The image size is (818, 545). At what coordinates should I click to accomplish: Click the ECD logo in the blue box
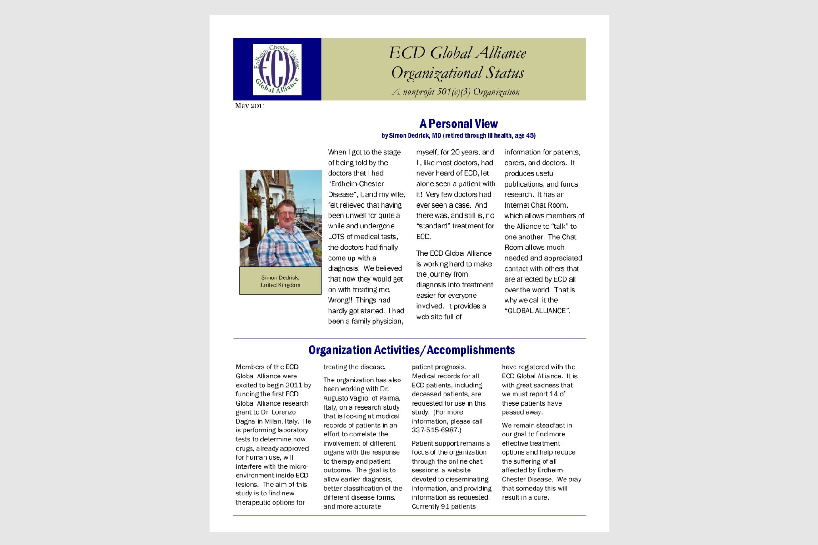pyautogui.click(x=277, y=69)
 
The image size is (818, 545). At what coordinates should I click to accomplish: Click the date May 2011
pyautogui.click(x=250, y=106)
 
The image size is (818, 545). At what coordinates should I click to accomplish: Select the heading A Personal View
pyautogui.click(x=458, y=124)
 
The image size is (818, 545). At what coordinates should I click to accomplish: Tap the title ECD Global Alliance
pyautogui.click(x=457, y=53)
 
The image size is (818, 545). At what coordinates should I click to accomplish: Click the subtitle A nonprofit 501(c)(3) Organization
pyautogui.click(x=456, y=92)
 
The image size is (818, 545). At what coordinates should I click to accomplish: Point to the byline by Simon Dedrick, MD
pyautogui.click(x=458, y=135)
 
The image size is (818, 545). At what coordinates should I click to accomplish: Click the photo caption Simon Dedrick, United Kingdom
pyautogui.click(x=280, y=281)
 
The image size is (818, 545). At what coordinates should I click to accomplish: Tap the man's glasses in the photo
pyautogui.click(x=286, y=213)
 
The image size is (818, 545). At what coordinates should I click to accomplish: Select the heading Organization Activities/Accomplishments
pyautogui.click(x=412, y=350)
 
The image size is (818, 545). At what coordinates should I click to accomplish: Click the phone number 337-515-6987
pyautogui.click(x=435, y=430)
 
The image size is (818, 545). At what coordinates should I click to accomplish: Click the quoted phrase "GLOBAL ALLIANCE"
pyautogui.click(x=537, y=311)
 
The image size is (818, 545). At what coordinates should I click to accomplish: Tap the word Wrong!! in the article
pyautogui.click(x=340, y=300)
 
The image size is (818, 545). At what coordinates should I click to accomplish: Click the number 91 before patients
pyautogui.click(x=445, y=506)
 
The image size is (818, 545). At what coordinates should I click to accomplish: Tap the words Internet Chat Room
pyautogui.click(x=536, y=205)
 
